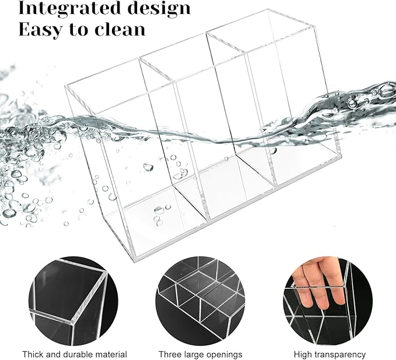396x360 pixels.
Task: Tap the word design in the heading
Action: [159, 9]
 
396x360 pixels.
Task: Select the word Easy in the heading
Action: [40, 30]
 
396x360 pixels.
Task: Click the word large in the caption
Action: [194, 355]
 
